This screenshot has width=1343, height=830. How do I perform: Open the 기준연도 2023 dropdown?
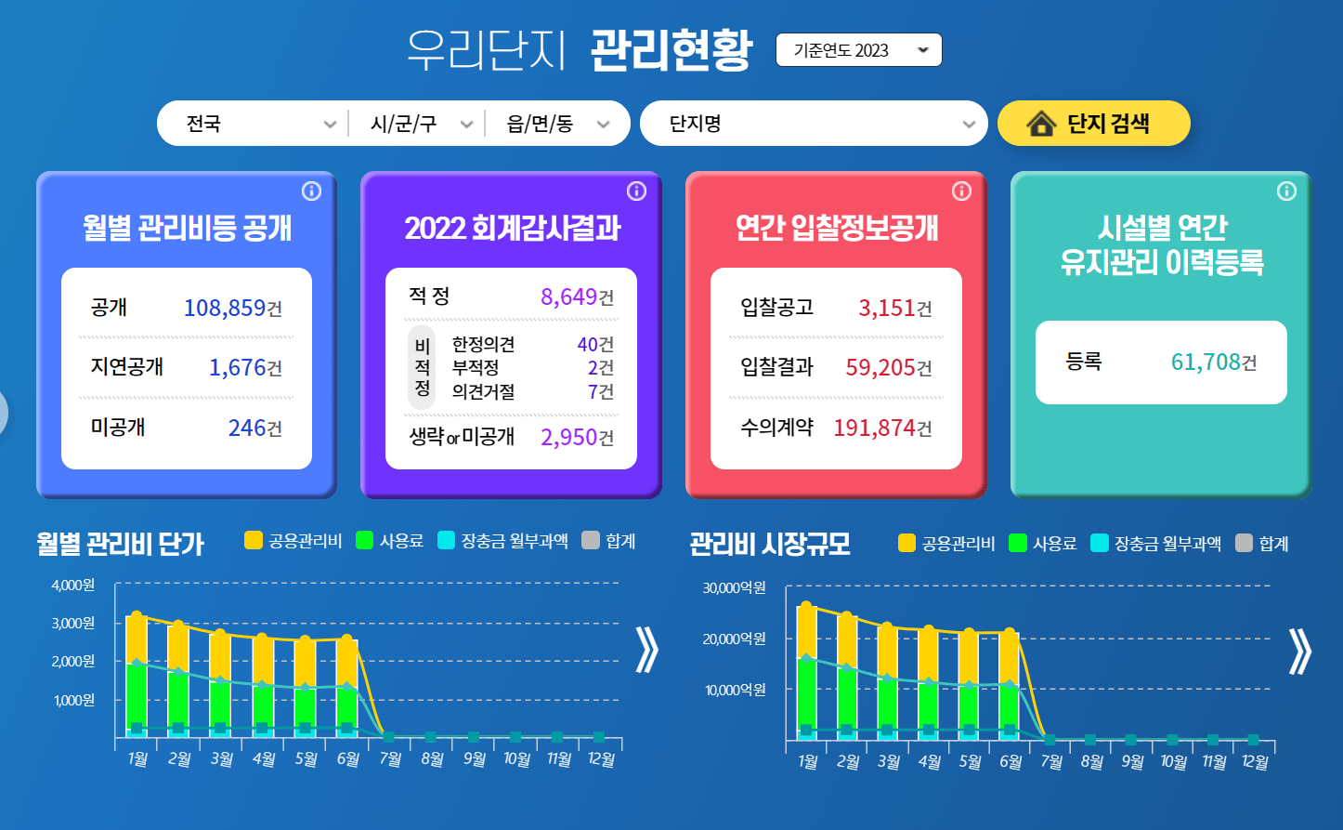click(858, 50)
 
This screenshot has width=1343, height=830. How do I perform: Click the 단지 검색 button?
click(1093, 124)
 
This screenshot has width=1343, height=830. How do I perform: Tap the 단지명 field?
click(813, 124)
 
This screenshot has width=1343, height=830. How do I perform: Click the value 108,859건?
click(232, 308)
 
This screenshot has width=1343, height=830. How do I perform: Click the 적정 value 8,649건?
click(577, 296)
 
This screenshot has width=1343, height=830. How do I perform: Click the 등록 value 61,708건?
click(1213, 362)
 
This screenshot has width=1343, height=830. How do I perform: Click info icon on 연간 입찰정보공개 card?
click(961, 191)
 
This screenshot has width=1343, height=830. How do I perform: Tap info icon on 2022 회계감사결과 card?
click(636, 191)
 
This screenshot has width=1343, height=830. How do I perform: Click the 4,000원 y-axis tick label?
click(73, 586)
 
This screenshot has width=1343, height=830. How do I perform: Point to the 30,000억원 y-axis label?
click(735, 588)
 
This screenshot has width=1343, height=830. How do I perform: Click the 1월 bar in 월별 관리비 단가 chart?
click(137, 674)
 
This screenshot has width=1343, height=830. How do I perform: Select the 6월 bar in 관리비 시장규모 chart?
click(1010, 683)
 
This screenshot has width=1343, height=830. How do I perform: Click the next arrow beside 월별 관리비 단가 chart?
click(646, 650)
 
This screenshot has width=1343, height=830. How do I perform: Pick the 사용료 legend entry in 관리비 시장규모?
click(1043, 544)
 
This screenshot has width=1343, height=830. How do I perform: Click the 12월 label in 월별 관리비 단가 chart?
click(601, 759)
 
